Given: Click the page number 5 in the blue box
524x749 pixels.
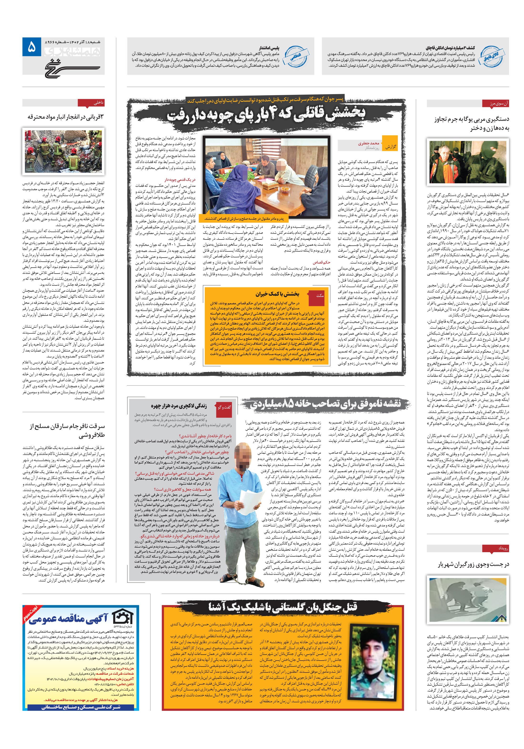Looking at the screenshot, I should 31,47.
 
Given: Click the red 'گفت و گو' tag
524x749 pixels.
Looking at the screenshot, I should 226,407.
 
